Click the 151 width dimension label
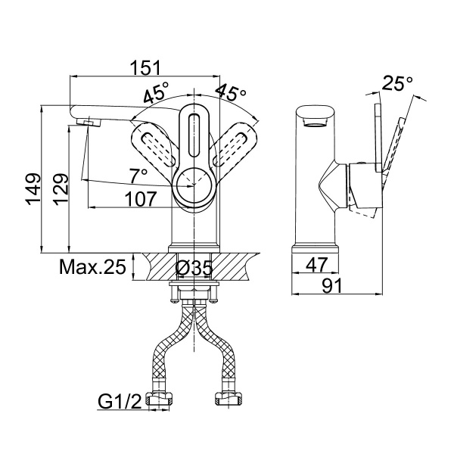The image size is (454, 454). (x=145, y=67)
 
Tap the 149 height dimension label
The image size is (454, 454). (x=33, y=189)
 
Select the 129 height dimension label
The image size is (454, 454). (x=61, y=189)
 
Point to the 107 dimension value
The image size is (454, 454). (x=141, y=198)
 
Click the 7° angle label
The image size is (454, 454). (x=138, y=176)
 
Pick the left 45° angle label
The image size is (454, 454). (x=157, y=92)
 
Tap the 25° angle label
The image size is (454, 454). (x=397, y=83)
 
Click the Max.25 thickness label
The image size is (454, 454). (x=92, y=266)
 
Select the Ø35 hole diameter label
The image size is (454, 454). (x=194, y=268)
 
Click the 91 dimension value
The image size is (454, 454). (x=332, y=285)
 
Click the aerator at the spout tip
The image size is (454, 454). (x=89, y=122)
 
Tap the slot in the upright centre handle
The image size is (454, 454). (x=194, y=135)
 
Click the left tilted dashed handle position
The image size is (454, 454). (x=154, y=145)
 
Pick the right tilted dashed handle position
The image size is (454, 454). (x=235, y=145)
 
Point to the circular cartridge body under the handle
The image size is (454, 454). (x=194, y=185)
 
